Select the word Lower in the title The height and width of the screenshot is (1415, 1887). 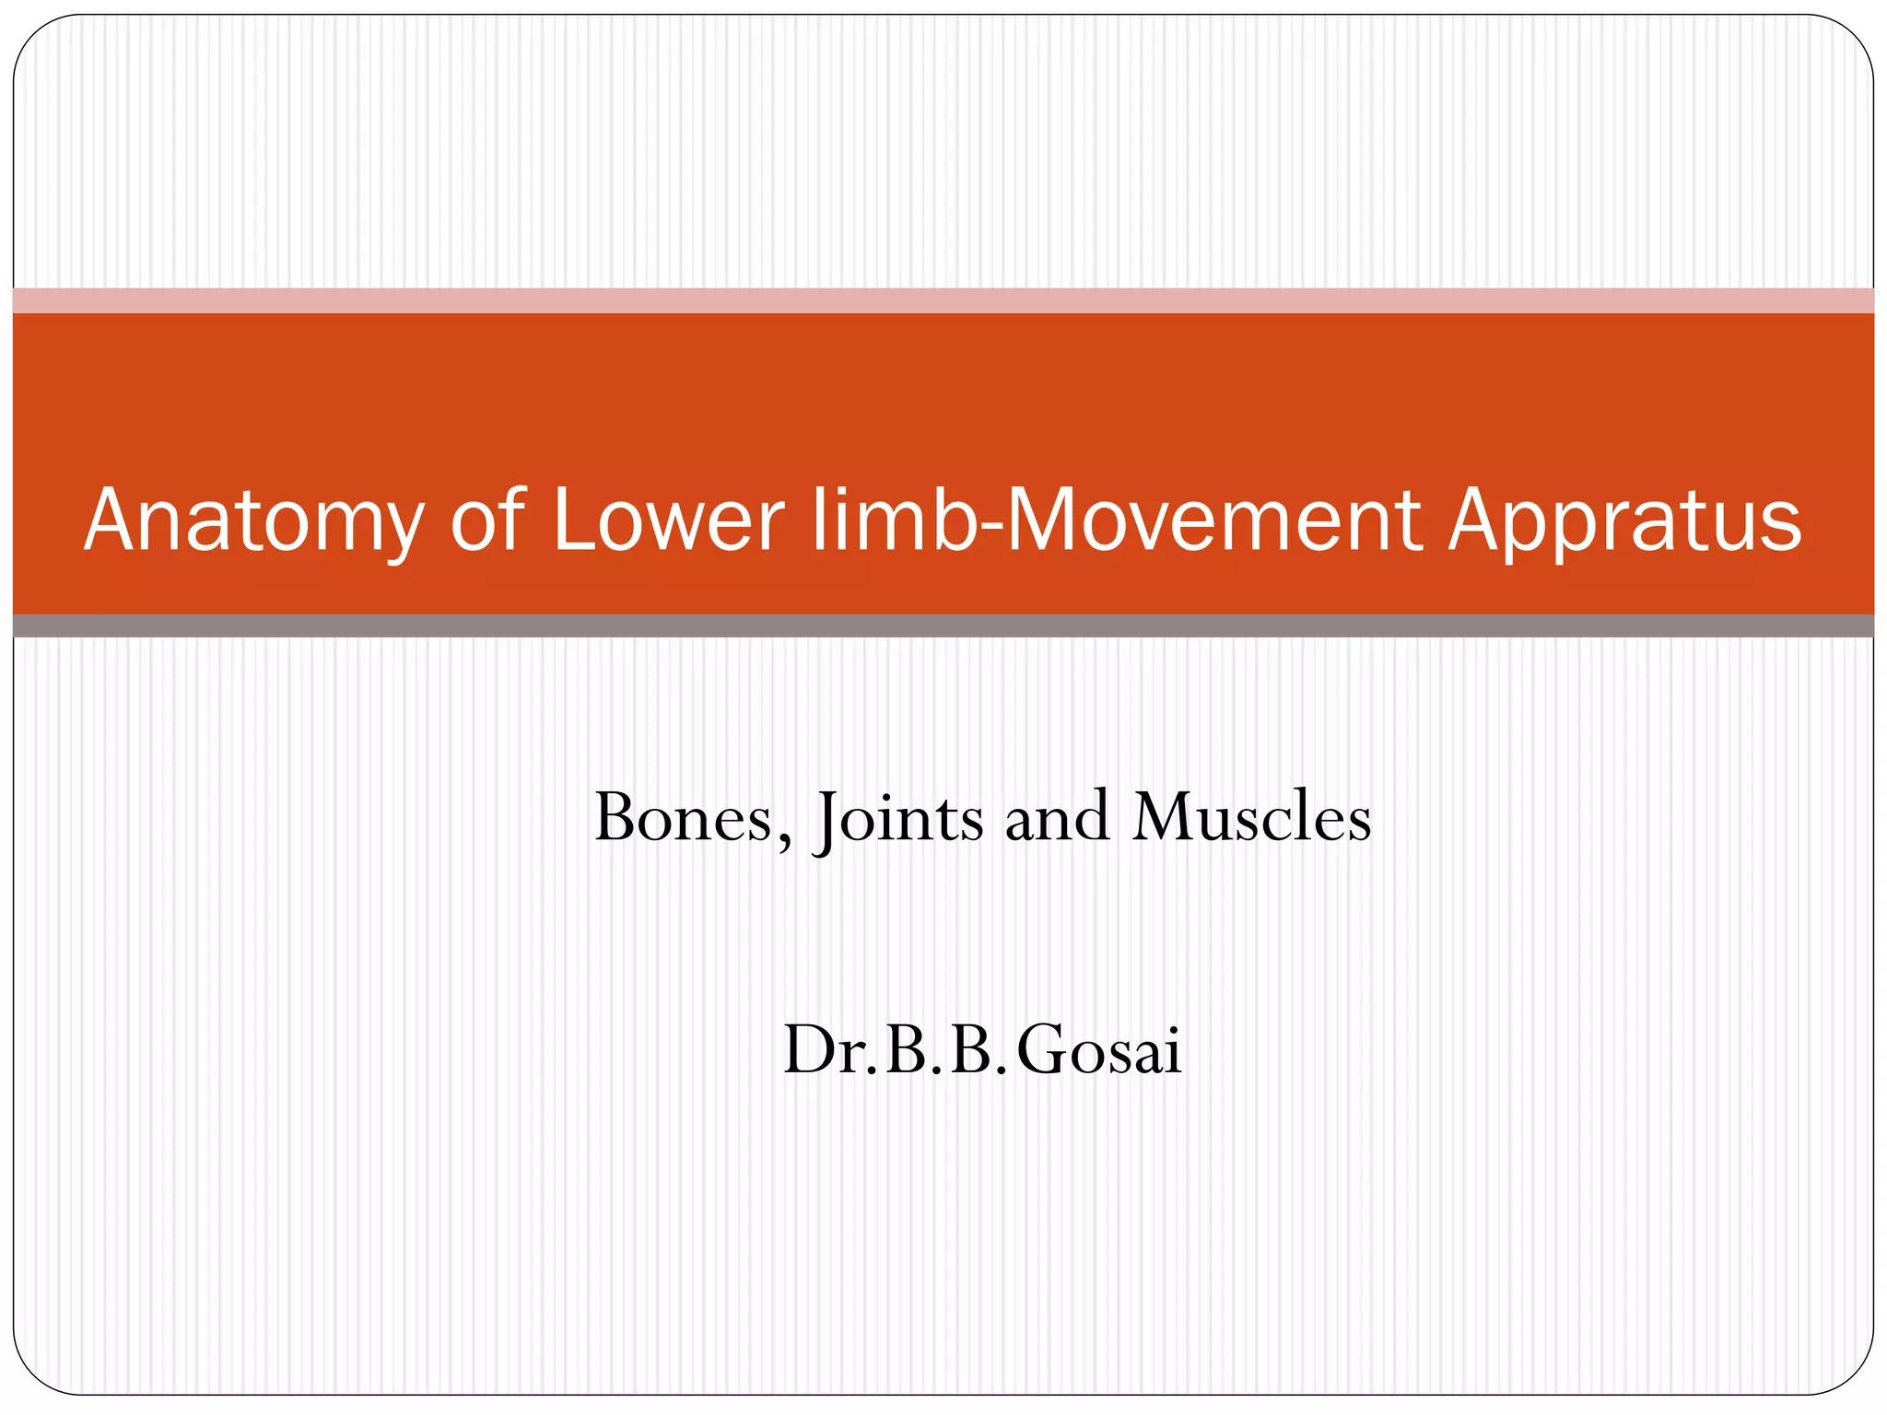pos(669,522)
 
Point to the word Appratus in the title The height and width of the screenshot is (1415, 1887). pos(1623,522)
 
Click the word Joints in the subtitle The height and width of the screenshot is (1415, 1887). pos(899,818)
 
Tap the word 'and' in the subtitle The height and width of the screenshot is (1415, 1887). pos(1057,818)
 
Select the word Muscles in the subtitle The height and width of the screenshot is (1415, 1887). pos(1252,818)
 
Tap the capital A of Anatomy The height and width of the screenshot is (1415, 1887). pos(116,520)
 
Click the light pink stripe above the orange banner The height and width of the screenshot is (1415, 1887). pos(943,300)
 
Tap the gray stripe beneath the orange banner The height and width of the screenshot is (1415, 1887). pos(943,626)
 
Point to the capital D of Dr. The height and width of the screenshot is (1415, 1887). pos(807,1050)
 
